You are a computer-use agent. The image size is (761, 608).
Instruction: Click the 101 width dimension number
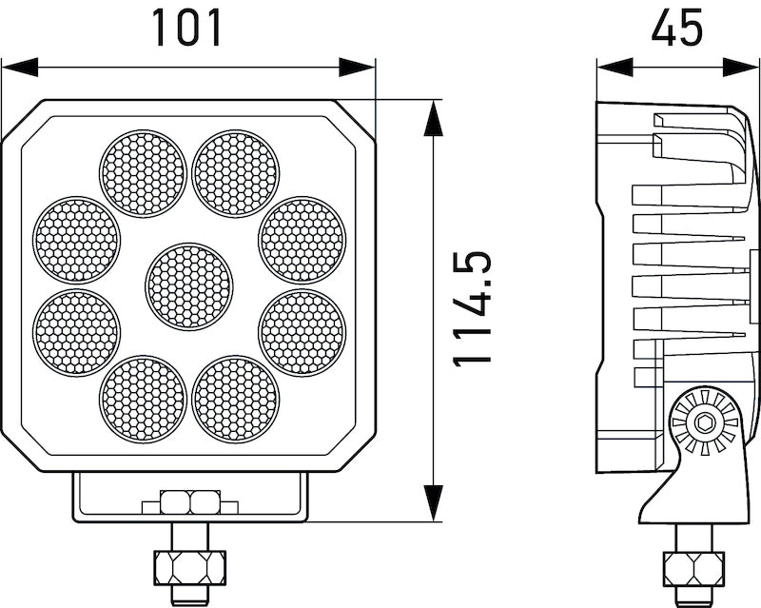point(187,28)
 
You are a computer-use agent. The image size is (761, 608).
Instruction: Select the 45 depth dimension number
point(676,28)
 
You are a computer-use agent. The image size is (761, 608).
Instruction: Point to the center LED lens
point(189,286)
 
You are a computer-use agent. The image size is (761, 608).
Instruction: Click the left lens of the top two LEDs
point(143,173)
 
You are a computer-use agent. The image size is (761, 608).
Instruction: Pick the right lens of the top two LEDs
point(236,173)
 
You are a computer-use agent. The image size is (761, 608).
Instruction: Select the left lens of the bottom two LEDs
point(143,399)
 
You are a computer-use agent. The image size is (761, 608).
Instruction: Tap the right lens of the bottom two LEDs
point(236,399)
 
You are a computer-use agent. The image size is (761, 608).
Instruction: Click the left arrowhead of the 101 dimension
point(19,67)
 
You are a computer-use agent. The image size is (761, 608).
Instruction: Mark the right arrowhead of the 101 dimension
point(358,67)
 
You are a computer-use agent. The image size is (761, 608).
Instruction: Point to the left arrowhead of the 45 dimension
point(615,67)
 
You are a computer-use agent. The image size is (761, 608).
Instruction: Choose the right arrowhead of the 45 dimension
point(742,67)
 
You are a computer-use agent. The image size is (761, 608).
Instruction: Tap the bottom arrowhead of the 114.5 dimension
point(434,503)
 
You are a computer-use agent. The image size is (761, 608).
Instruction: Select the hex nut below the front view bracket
point(188,568)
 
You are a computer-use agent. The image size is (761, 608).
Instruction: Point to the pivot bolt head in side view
point(704,422)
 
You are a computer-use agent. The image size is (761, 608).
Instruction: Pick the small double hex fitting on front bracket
point(190,501)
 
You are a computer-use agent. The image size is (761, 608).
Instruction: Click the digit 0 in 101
point(187,28)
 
